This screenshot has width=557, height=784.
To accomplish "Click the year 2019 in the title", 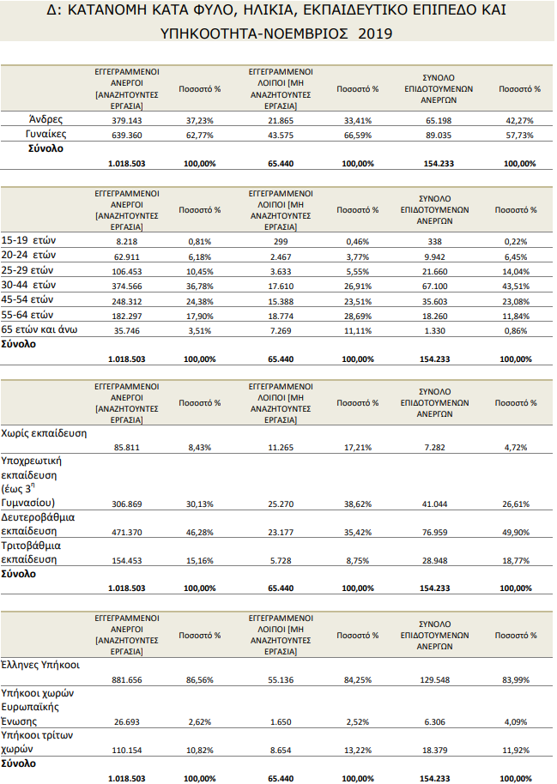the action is tap(375, 33).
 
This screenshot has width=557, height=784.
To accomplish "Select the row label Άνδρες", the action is tap(46, 119).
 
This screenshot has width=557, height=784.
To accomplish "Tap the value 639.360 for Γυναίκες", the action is tap(127, 135).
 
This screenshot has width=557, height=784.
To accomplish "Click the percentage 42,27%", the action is tap(519, 120).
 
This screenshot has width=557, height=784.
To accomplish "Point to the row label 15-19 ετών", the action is tap(28, 240).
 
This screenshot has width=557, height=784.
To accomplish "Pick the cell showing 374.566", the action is tap(127, 286).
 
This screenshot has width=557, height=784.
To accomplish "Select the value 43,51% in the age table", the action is tap(516, 286).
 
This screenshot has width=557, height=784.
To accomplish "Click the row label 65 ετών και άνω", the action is tap(39, 329).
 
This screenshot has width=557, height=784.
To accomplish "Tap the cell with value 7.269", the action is tap(281, 330).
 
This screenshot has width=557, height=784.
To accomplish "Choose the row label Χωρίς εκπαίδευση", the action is tap(44, 433).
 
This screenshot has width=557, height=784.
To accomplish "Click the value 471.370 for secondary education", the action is tap(127, 532).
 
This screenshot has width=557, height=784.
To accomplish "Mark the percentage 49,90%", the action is tap(516, 532).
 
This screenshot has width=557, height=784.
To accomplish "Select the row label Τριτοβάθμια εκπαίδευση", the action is tap(31, 552).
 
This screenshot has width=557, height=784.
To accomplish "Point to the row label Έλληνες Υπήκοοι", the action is tap(40, 665).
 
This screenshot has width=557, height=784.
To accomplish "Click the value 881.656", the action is tap(127, 679).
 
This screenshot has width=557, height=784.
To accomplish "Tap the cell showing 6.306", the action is tap(435, 721).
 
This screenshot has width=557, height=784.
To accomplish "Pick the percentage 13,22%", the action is tap(358, 750).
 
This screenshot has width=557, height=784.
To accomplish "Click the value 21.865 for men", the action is tap(281, 120).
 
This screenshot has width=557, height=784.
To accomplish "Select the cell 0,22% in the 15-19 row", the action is tap(516, 242).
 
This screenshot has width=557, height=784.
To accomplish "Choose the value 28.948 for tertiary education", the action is tap(435, 560).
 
